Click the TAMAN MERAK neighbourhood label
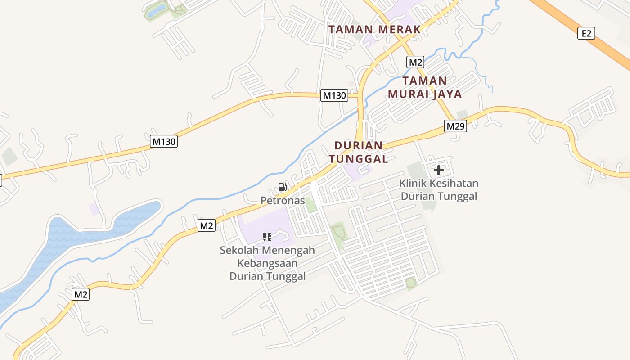[374, 30]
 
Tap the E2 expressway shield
[586, 33]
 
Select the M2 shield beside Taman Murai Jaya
[415, 62]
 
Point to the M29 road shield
[455, 126]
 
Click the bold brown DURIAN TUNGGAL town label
[358, 152]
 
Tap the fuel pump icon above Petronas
[282, 187]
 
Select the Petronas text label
[283, 201]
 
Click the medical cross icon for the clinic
[438, 170]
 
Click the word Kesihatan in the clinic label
[454, 184]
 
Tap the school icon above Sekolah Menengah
[267, 237]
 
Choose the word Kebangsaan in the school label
[267, 263]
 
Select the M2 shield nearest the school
[207, 225]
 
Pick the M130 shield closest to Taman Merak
[334, 95]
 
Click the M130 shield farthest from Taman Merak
[164, 141]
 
